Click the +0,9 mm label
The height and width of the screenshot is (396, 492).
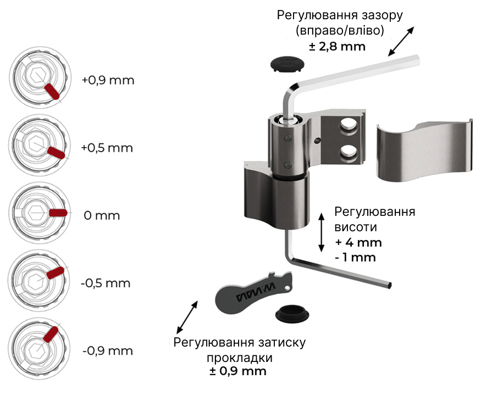(108, 80)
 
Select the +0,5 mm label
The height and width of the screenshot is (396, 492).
(107, 148)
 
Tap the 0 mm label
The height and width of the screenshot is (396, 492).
(102, 215)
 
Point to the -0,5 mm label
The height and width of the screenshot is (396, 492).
(105, 283)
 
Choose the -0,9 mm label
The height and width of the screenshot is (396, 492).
(107, 350)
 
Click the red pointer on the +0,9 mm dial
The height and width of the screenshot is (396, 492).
(52, 91)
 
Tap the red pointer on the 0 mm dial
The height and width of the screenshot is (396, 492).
(58, 213)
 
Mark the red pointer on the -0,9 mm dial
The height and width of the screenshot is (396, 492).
(51, 334)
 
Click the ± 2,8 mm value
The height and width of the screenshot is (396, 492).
(337, 46)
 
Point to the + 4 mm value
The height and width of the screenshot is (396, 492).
(358, 242)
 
